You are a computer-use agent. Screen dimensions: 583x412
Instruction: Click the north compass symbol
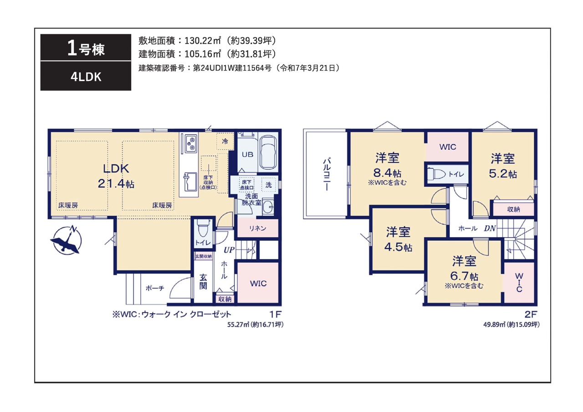pyautogui.click(x=66, y=240)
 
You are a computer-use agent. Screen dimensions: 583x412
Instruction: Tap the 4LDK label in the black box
pyautogui.click(x=86, y=77)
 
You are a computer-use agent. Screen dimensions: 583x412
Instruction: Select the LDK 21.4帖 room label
pyautogui.click(x=116, y=176)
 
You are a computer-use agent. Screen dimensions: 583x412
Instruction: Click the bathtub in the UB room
pyautogui.click(x=269, y=153)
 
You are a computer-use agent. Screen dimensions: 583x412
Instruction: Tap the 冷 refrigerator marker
pyautogui.click(x=225, y=141)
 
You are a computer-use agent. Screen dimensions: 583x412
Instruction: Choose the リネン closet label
pyautogui.click(x=257, y=229)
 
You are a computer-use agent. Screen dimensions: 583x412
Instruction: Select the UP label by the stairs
pyautogui.click(x=229, y=250)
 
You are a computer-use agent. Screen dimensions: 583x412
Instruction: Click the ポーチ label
pyautogui.click(x=155, y=288)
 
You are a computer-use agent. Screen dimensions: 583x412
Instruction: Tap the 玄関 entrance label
pyautogui.click(x=203, y=282)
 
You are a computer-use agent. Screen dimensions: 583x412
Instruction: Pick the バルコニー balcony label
pyautogui.click(x=327, y=174)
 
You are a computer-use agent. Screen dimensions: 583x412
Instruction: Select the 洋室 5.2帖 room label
pyautogui.click(x=503, y=166)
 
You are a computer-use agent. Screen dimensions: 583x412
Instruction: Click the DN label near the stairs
pyautogui.click(x=490, y=228)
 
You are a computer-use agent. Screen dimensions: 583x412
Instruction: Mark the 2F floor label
pyautogui.click(x=531, y=315)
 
